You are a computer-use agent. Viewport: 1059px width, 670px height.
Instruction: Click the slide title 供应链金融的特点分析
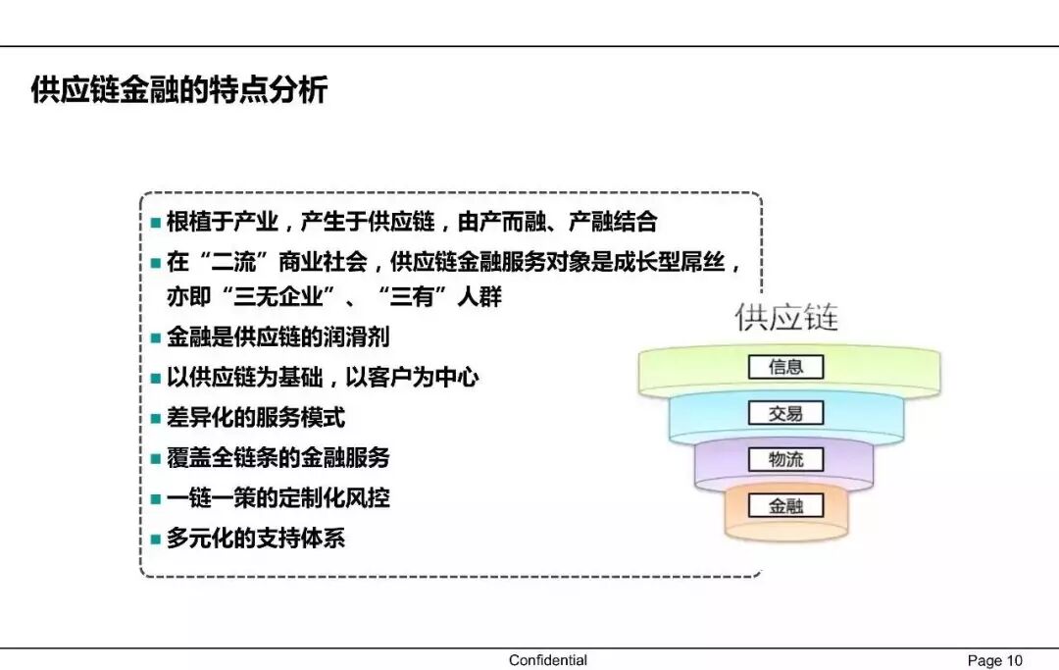(x=178, y=91)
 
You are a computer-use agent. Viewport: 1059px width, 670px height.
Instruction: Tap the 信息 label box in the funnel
(x=785, y=367)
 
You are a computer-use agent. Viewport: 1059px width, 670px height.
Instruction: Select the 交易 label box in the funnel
(x=785, y=413)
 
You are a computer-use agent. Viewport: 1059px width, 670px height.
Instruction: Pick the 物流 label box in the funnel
(x=785, y=459)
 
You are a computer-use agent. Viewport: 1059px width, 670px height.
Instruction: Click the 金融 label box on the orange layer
(x=785, y=506)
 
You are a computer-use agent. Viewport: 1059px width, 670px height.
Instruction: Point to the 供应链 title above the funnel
(x=787, y=318)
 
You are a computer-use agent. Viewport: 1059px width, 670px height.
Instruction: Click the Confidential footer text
(x=548, y=660)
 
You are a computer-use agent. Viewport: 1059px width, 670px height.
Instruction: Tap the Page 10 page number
(x=994, y=660)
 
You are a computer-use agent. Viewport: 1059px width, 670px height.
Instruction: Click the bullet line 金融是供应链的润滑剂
(x=277, y=337)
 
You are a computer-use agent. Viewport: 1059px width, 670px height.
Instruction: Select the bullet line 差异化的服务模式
(x=256, y=418)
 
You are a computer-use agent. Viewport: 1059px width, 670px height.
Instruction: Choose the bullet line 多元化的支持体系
(x=256, y=539)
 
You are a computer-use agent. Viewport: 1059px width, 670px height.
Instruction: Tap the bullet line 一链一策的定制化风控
(x=277, y=498)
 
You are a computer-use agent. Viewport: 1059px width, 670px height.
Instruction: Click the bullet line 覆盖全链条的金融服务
(x=277, y=458)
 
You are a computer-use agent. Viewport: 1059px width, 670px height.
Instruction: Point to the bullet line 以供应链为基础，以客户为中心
(x=323, y=378)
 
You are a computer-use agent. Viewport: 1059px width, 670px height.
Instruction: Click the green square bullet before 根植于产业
(x=155, y=224)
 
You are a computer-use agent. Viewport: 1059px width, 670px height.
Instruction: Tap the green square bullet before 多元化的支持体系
(x=155, y=540)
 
